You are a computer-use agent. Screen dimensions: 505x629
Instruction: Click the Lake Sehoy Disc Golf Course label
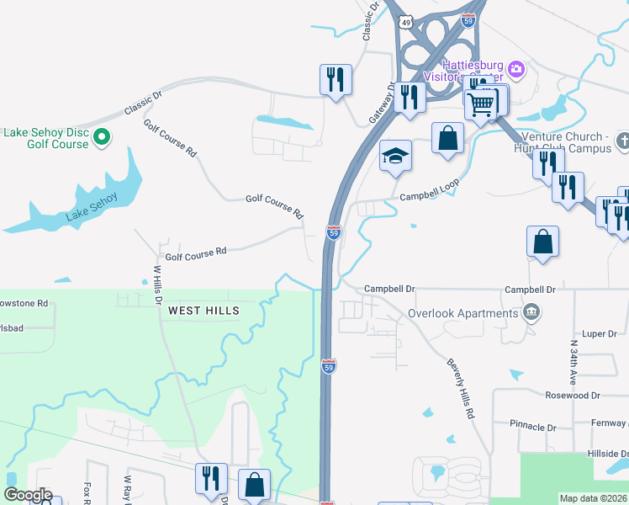pyautogui.click(x=45, y=138)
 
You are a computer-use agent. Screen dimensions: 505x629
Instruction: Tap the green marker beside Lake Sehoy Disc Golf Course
pyautogui.click(x=102, y=136)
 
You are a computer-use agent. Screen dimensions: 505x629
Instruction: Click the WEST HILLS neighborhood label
pyautogui.click(x=203, y=311)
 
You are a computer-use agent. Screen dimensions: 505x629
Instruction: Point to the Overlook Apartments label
pyautogui.click(x=462, y=313)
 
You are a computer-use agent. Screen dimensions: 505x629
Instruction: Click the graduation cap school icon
pyautogui.click(x=395, y=156)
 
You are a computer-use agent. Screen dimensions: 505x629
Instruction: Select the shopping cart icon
pyautogui.click(x=481, y=104)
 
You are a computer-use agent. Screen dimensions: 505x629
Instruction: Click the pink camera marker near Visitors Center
pyautogui.click(x=516, y=68)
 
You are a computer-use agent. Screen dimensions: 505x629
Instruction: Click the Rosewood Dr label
pyautogui.click(x=572, y=395)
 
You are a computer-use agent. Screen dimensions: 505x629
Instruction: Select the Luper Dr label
pyautogui.click(x=600, y=334)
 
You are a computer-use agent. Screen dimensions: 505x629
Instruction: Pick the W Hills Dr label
pyautogui.click(x=156, y=286)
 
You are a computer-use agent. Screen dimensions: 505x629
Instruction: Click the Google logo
pyautogui.click(x=28, y=495)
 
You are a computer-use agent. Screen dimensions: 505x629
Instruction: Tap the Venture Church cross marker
pyautogui.click(x=622, y=139)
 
